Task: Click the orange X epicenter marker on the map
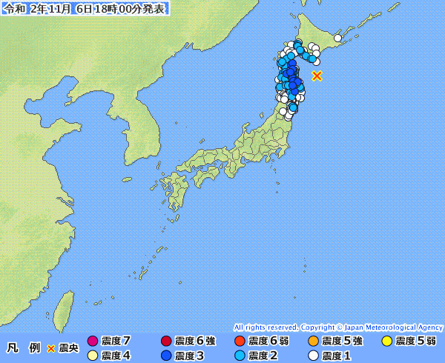coord(317,76)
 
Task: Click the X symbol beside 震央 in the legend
coord(51,348)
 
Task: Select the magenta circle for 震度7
coord(93,342)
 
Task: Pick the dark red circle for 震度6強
coord(166,342)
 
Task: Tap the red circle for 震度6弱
coord(240,342)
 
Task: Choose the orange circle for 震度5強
coord(313,342)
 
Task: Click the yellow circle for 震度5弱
coord(386,342)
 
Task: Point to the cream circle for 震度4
coord(93,356)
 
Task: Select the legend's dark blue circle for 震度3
coord(166,356)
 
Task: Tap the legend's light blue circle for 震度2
coord(240,356)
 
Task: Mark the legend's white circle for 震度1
coord(313,356)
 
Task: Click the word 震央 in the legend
coord(68,348)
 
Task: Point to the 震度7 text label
coord(116,342)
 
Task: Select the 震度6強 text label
coord(195,342)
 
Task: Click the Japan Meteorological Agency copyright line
coord(338,327)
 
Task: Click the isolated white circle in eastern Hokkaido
coord(337,38)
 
